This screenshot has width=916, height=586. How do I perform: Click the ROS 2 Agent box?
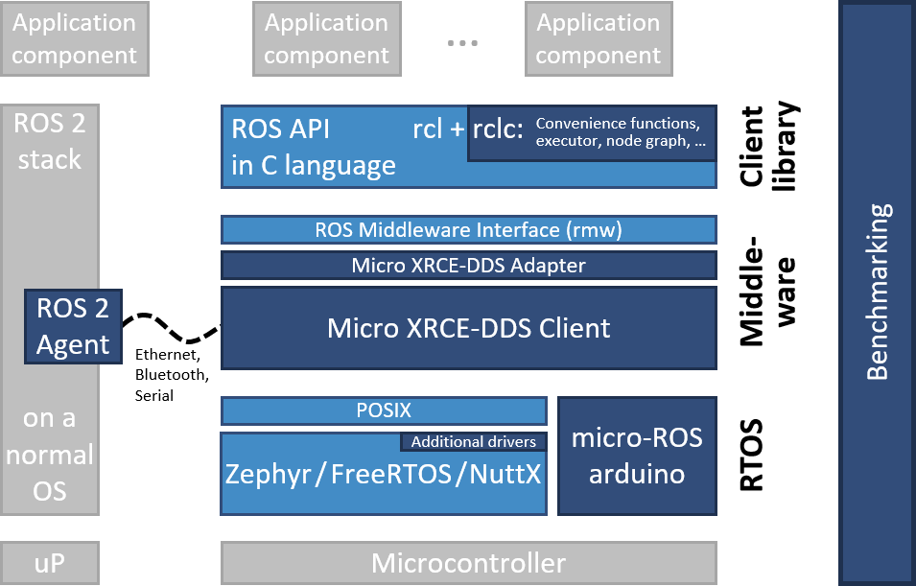pos(73,326)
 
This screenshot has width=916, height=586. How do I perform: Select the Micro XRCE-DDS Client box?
pos(468,328)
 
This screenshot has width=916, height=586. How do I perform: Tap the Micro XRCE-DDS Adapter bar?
pos(468,265)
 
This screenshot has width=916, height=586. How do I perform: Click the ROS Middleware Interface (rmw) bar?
pos(468,230)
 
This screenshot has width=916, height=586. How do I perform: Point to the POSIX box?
pos(384,410)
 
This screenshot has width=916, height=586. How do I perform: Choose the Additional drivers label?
pos(473,442)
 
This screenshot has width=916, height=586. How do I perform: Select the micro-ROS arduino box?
pos(637,456)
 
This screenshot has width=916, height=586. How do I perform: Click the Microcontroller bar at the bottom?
pos(468,562)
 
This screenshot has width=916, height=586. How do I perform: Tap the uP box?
pos(49,562)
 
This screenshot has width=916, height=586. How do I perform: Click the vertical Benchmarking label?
pos(879,292)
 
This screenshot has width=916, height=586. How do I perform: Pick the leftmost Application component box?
pos(74,39)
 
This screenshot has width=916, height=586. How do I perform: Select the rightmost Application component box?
pos(598,39)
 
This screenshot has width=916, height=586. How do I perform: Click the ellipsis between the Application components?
pos(462,43)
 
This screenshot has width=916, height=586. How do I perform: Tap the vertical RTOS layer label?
pos(755,456)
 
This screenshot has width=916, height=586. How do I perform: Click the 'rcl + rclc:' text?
pos(467,130)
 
